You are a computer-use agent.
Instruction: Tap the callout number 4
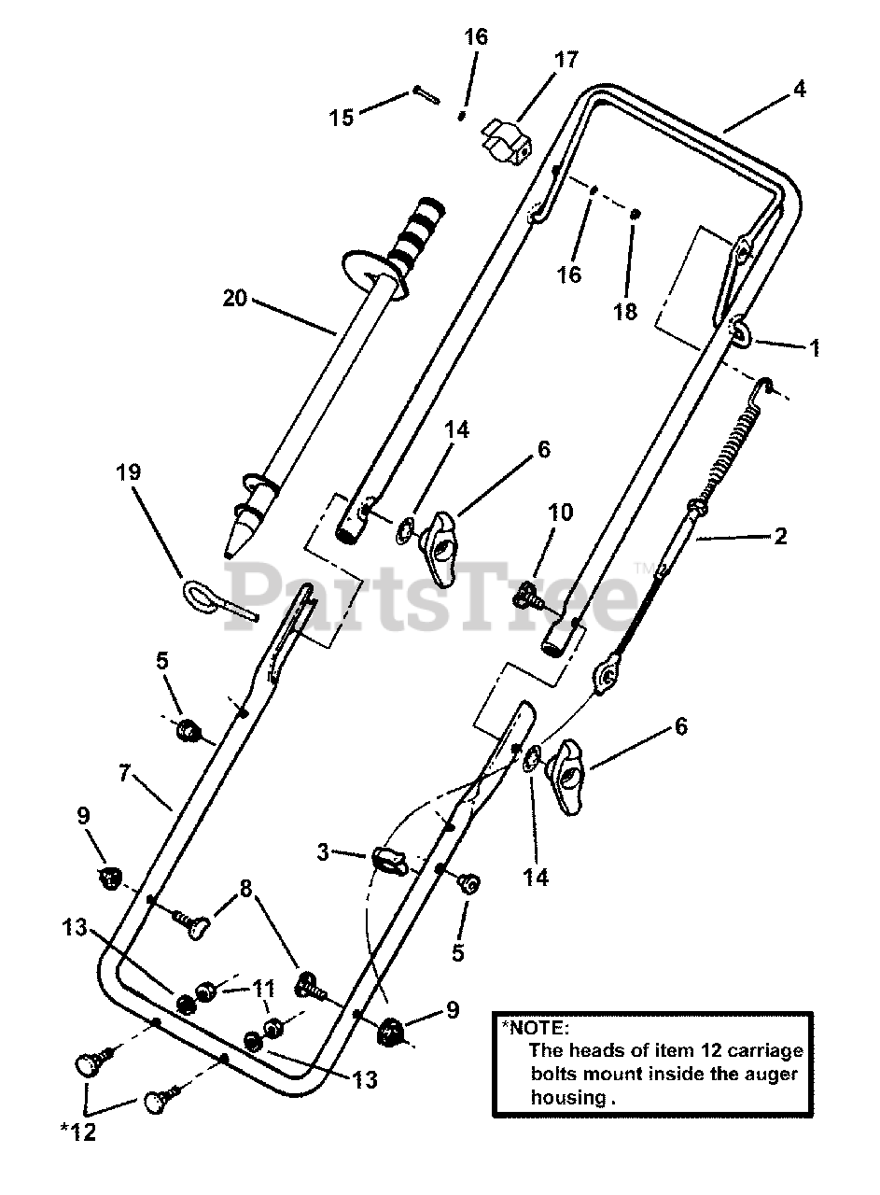[x=799, y=91]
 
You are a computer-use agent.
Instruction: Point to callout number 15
[x=342, y=118]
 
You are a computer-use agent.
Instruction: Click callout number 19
[x=130, y=472]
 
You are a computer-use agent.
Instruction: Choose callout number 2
[x=780, y=536]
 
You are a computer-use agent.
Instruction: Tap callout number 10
[x=561, y=513]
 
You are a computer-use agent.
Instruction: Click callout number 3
[x=322, y=851]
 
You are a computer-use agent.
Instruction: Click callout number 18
[x=626, y=312]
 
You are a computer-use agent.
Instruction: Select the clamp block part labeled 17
[x=508, y=138]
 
